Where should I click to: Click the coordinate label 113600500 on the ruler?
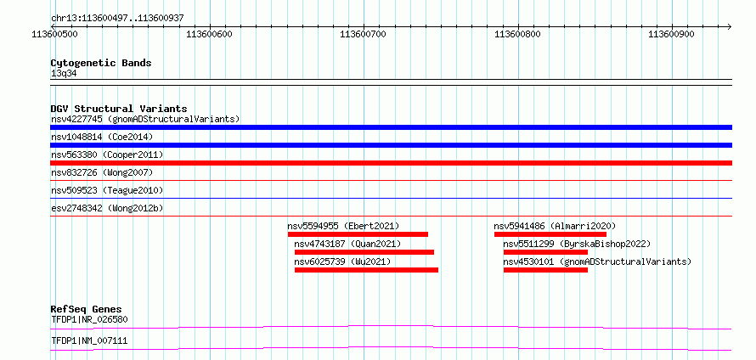point(55,34)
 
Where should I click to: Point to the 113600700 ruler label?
point(363,34)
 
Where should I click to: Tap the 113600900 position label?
point(671,34)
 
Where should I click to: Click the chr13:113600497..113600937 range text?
point(117,19)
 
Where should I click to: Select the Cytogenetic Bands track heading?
point(101,63)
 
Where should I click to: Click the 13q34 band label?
point(64,74)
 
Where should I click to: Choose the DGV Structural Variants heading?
point(119,109)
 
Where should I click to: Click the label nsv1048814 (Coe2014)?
point(102,138)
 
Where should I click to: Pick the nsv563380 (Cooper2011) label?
point(107,155)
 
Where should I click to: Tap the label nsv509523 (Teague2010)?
point(107,191)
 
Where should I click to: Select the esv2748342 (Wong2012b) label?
point(110,209)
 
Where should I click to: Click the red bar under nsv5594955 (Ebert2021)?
point(358,234)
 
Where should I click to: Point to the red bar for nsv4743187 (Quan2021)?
point(364,252)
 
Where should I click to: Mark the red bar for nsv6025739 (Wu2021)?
point(366,270)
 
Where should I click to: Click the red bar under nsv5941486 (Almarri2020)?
point(550,234)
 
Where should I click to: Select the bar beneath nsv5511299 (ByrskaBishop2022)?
point(545,252)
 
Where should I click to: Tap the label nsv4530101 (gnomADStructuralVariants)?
point(597,262)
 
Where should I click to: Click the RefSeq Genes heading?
point(87,309)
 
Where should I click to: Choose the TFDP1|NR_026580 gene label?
point(89,319)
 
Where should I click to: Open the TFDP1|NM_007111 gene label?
point(89,341)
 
